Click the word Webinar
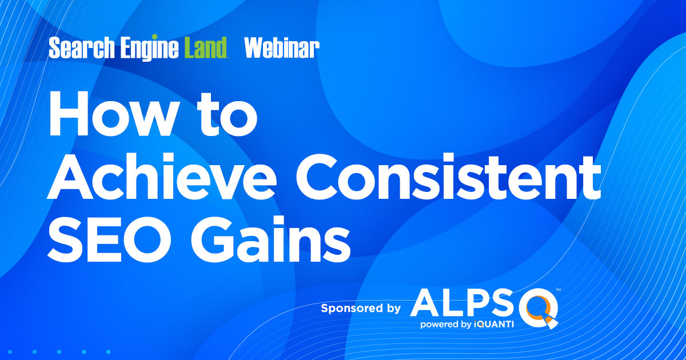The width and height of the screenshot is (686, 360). coord(282,49)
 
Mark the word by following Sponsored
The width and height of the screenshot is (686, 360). coord(394,309)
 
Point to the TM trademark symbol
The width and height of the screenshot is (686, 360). coord(558,290)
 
